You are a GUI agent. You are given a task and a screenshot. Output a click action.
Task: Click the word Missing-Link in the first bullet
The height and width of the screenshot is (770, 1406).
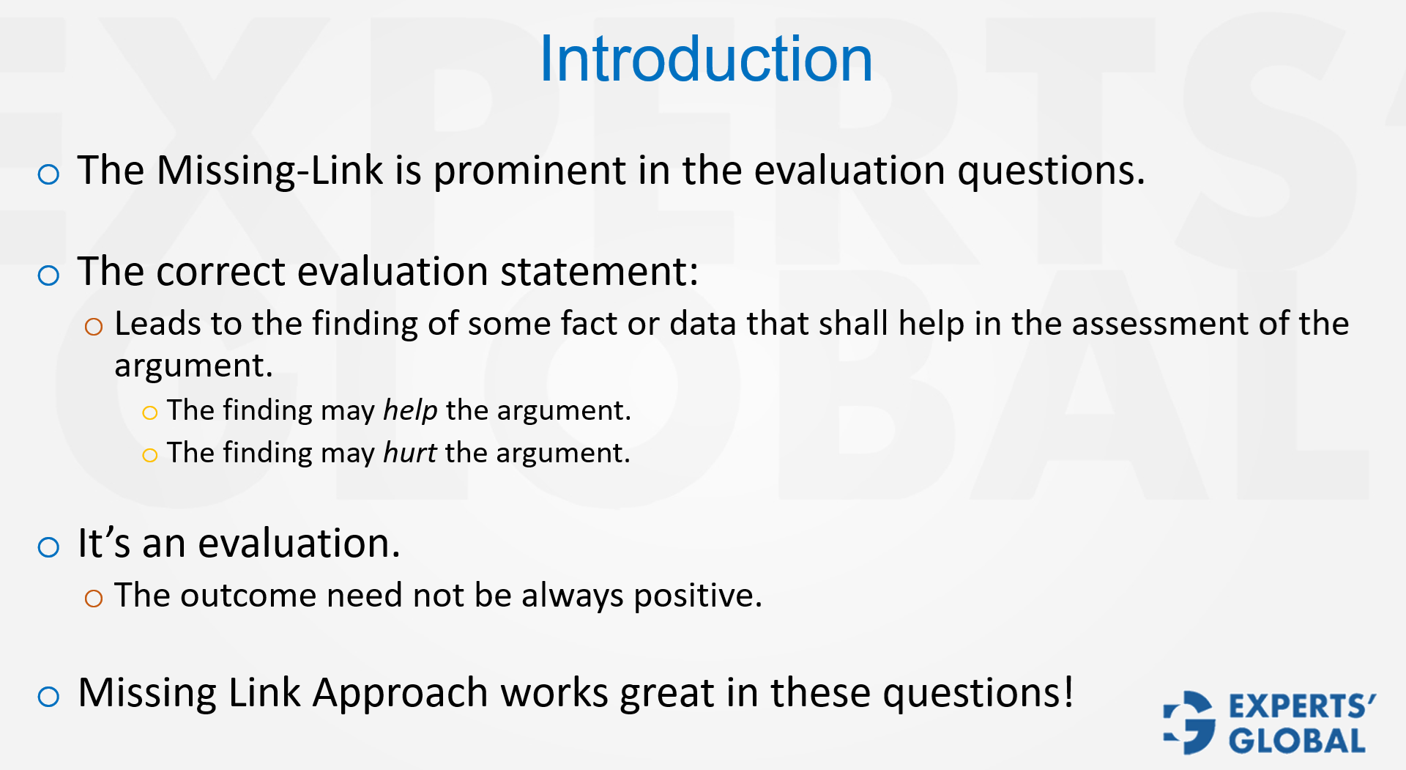(x=269, y=171)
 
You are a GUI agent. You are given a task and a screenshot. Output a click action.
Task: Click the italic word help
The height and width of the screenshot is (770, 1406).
(x=410, y=410)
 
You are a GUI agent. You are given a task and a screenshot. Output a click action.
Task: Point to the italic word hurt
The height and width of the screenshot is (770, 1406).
(x=410, y=453)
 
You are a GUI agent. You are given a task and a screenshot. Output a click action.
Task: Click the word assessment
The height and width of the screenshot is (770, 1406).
(x=1159, y=323)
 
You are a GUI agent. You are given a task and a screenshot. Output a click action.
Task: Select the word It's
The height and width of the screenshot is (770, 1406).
(x=104, y=544)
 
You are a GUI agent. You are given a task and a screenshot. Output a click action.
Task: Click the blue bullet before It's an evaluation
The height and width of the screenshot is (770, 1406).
(x=48, y=547)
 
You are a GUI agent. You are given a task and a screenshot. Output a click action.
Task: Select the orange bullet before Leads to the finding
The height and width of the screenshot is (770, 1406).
(x=94, y=327)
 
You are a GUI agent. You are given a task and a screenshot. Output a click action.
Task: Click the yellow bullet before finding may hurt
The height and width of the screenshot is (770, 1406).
(x=149, y=456)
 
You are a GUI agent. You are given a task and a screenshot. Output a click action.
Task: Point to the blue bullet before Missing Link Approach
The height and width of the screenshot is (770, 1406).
(x=48, y=696)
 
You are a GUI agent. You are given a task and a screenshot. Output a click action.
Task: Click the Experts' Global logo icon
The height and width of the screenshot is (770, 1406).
(x=1189, y=722)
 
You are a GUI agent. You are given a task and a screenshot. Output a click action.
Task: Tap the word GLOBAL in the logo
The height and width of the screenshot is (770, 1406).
(x=1297, y=741)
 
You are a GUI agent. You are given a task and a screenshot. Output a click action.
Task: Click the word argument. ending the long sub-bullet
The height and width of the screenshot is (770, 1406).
(x=193, y=366)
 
